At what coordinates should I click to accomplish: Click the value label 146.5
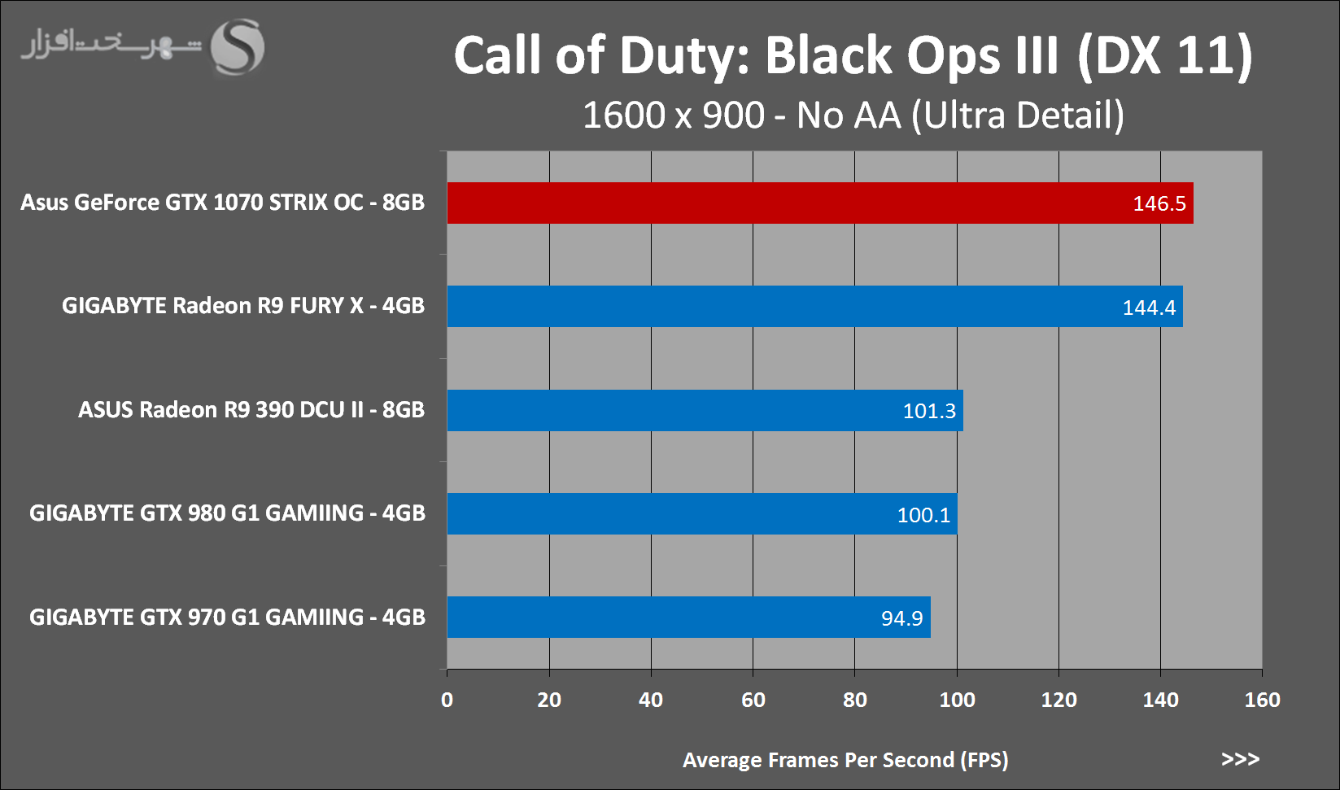[1159, 203]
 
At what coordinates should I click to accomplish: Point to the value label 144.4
[1149, 308]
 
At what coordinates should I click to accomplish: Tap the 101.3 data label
[929, 411]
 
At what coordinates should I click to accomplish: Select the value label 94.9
[901, 618]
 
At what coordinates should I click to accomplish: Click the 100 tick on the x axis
[957, 700]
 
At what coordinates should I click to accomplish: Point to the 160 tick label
[1262, 700]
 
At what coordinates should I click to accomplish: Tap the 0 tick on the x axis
[447, 700]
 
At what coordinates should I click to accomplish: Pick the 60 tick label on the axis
[753, 700]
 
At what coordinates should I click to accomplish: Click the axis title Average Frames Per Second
[845, 760]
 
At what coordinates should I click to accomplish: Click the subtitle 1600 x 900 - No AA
[853, 116]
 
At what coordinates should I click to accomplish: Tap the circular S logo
[238, 47]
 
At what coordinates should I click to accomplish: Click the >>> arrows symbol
[1240, 759]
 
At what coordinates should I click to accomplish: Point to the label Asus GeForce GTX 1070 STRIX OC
[222, 203]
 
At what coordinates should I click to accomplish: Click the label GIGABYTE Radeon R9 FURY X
[242, 306]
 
